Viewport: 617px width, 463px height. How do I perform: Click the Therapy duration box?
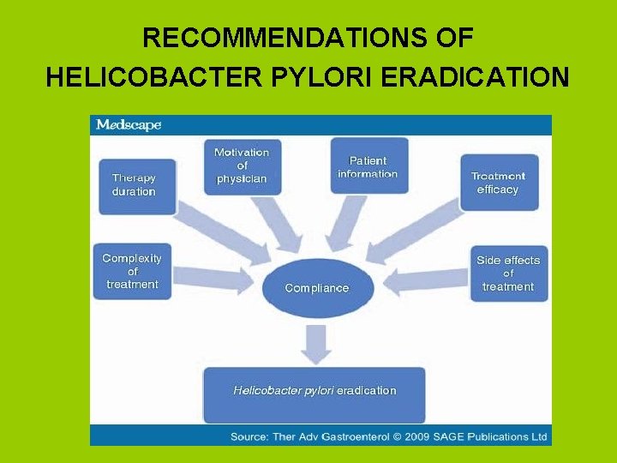pyautogui.click(x=138, y=184)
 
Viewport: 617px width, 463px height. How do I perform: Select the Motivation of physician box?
pyautogui.click(x=242, y=165)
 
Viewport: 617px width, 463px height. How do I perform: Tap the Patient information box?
pyautogui.click(x=368, y=166)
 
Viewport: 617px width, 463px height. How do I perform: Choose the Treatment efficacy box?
pyautogui.click(x=499, y=182)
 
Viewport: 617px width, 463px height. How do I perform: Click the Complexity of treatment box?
pyautogui.click(x=132, y=271)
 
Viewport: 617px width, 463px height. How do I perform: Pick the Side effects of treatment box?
pyautogui.click(x=507, y=273)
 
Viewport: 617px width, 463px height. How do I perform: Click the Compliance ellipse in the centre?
pyautogui.click(x=317, y=287)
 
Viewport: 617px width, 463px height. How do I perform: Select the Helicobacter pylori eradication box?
pyautogui.click(x=314, y=391)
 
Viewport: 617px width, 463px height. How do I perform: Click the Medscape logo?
pyautogui.click(x=129, y=125)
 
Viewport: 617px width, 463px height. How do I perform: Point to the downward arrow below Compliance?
pyautogui.click(x=316, y=342)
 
